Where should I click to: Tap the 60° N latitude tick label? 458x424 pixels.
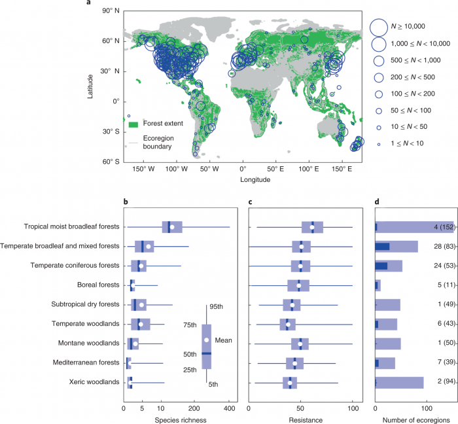pyautogui.click(x=109, y=41)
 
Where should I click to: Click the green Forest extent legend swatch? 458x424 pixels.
pyautogui.click(x=133, y=124)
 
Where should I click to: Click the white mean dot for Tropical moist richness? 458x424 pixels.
pyautogui.click(x=172, y=227)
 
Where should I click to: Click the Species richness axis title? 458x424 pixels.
pyautogui.click(x=177, y=419)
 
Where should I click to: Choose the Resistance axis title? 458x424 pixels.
pyautogui.click(x=301, y=419)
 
